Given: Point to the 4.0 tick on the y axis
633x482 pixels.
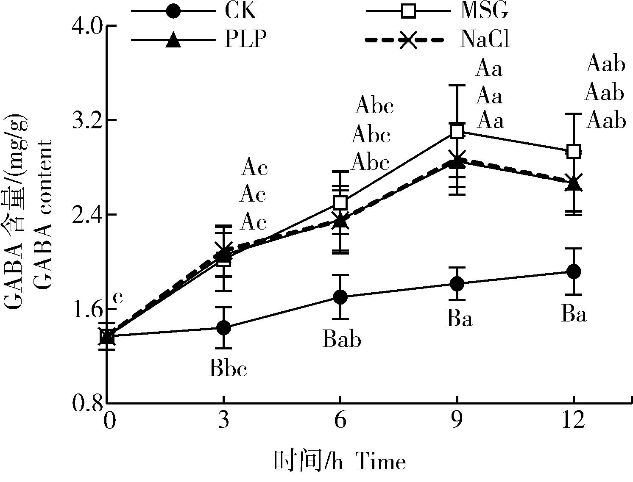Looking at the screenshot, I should [87, 27].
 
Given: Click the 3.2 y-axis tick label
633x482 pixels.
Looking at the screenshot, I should [87, 121].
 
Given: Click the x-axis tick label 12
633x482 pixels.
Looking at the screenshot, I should [573, 422].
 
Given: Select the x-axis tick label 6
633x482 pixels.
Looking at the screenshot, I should [340, 422].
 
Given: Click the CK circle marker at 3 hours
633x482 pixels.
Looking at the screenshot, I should [223, 327].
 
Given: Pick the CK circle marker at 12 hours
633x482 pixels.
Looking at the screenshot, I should [573, 271].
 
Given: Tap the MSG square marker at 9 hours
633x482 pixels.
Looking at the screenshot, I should [457, 131].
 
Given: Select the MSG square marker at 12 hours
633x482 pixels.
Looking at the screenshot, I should [573, 151].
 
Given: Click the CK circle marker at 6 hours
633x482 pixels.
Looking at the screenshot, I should [340, 297].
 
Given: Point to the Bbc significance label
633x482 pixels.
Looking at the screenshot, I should [228, 369].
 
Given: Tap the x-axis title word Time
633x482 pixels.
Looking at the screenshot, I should [380, 462].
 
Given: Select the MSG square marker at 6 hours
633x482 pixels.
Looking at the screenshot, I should [340, 202].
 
